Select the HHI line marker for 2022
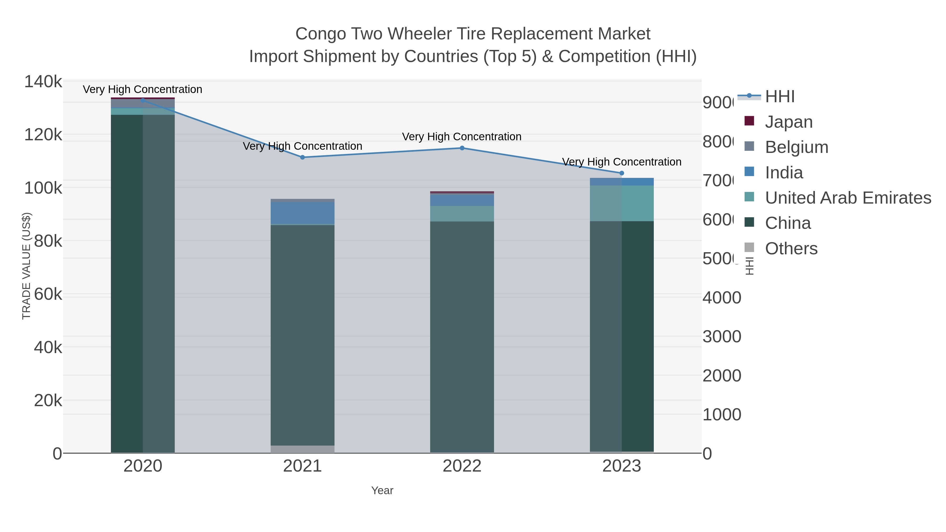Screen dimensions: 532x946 tap(462, 148)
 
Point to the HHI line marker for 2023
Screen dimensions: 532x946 tap(622, 173)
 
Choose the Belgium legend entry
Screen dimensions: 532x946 tap(796, 147)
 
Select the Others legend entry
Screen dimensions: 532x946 tap(791, 249)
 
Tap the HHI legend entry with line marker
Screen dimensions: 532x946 tap(779, 97)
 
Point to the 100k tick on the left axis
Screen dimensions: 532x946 tap(43, 188)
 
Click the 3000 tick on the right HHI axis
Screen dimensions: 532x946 tap(722, 337)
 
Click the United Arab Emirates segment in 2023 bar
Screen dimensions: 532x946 tap(622, 203)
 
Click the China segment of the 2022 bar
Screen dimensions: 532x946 tap(462, 336)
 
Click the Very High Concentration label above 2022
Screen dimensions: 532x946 tap(462, 137)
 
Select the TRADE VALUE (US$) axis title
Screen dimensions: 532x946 tap(27, 266)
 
